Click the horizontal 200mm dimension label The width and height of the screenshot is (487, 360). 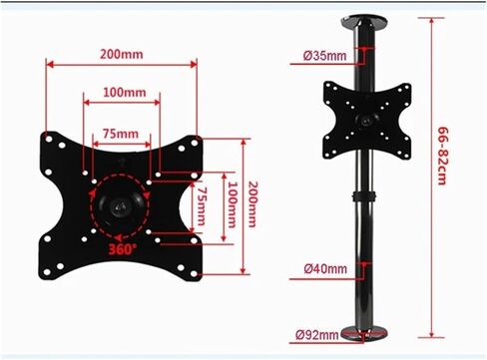[122, 54]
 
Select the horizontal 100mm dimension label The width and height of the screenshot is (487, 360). [125, 92]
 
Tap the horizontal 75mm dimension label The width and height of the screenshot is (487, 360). [121, 134]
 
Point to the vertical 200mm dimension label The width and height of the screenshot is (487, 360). [252, 204]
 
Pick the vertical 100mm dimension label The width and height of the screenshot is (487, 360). [232, 204]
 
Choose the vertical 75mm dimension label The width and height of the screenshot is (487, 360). [202, 206]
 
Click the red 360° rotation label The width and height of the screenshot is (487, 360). [122, 249]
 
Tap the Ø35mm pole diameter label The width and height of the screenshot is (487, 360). [325, 56]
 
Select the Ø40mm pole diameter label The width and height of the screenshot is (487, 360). [325, 268]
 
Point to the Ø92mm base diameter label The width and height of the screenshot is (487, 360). [317, 334]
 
